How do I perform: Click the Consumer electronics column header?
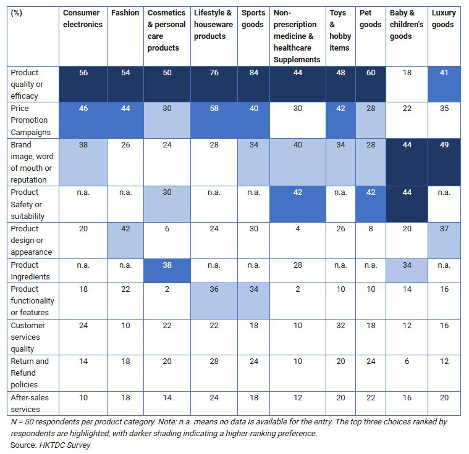pos(82,19)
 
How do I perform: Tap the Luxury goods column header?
pos(443,19)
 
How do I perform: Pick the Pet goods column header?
pos(370,19)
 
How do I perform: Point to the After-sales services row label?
pos(25,403)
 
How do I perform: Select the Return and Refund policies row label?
pos(29,373)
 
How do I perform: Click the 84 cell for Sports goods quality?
pos(253,73)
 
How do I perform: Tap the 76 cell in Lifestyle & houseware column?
pos(214,73)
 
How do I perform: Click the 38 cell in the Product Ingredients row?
pos(167,265)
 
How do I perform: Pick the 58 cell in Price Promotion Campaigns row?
pos(214,109)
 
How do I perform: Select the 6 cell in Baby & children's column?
pos(407,361)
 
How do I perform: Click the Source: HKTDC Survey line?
pos(51,445)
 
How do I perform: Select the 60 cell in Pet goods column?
pos(370,73)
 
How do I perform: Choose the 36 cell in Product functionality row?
pos(214,289)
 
